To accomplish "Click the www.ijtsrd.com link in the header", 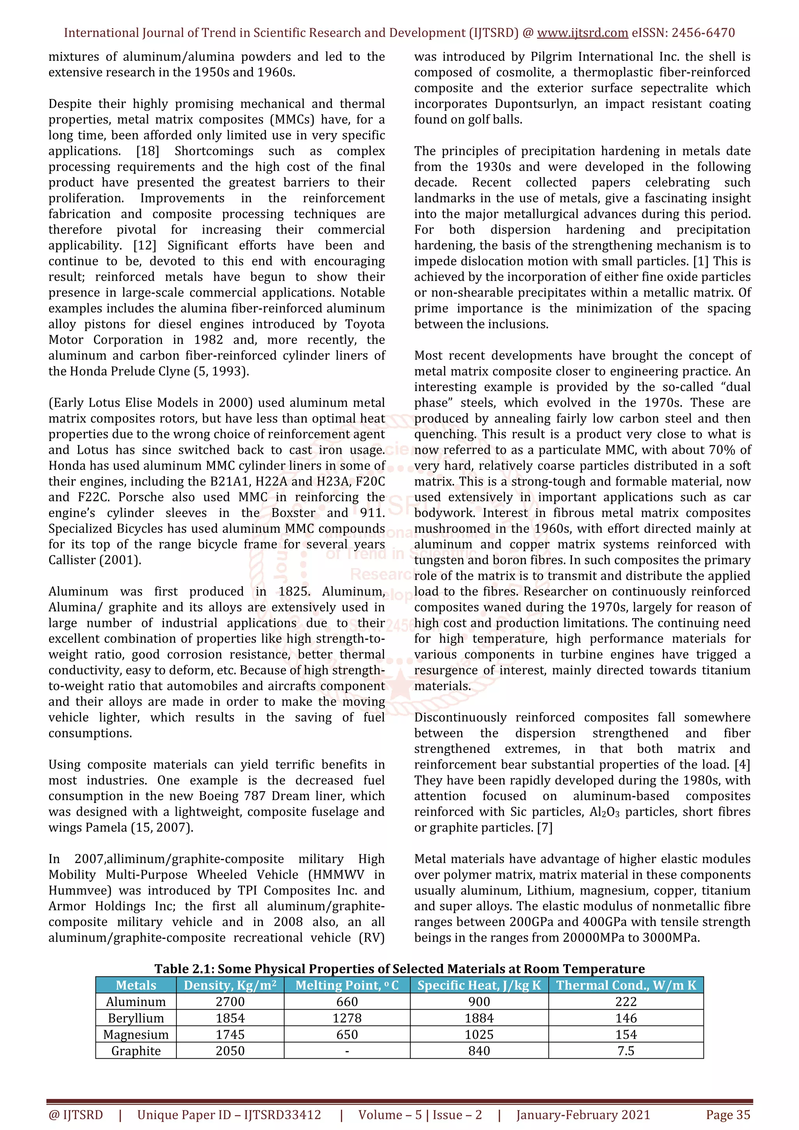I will click(582, 33).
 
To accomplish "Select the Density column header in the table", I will click(230, 985).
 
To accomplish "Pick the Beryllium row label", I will click(136, 1018).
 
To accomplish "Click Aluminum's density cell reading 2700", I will click(230, 1002).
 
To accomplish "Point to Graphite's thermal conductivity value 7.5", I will click(626, 1051).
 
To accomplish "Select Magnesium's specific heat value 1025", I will click(479, 1034).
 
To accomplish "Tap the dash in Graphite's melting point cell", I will click(347, 1051).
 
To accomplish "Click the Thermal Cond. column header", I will click(626, 985).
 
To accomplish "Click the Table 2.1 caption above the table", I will click(399, 969).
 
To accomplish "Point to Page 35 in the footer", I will click(728, 1115).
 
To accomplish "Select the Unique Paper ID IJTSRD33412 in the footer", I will click(229, 1115).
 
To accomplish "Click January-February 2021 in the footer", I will click(583, 1115).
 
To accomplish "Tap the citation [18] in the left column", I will click(148, 151).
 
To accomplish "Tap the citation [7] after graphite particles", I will click(545, 828).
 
